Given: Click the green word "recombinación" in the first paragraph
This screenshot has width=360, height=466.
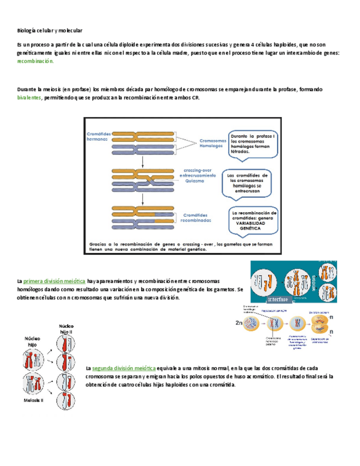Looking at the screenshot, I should (x=36, y=62).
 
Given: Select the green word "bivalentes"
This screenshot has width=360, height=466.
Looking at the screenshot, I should (x=30, y=98).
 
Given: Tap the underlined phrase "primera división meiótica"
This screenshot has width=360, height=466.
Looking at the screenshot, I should (x=54, y=281).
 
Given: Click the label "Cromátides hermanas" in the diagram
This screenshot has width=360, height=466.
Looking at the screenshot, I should (x=98, y=137).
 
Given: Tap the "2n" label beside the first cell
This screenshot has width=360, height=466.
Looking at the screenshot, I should (x=239, y=324).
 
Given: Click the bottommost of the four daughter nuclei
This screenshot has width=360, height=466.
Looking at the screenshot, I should (x=65, y=399).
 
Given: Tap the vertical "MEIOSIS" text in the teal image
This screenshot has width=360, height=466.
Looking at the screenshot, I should (x=313, y=281).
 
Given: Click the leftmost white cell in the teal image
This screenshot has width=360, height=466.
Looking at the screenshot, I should (x=264, y=281).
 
